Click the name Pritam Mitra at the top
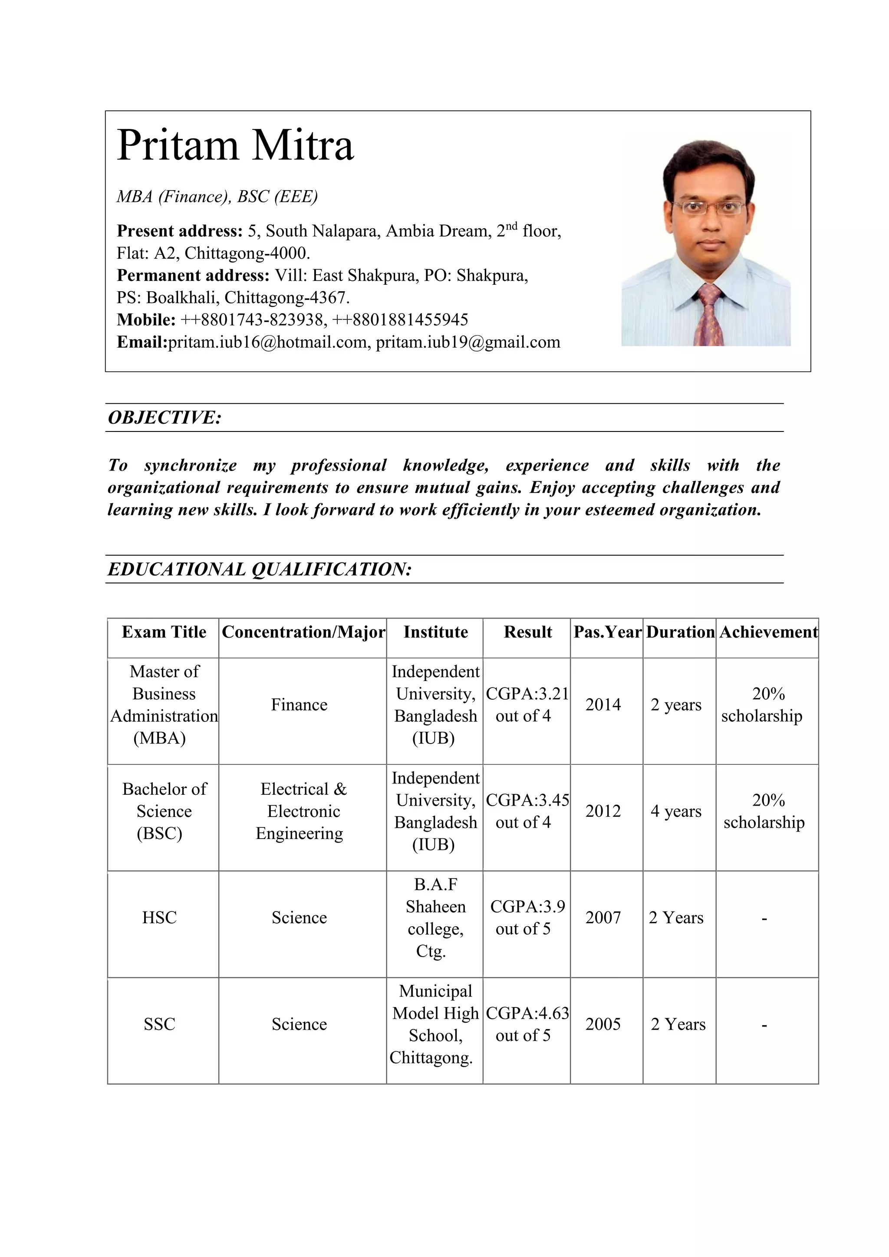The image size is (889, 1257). (235, 146)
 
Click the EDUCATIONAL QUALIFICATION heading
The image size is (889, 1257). (260, 569)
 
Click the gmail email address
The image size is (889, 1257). (468, 343)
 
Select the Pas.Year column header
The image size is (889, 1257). (606, 632)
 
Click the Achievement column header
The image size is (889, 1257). (768, 632)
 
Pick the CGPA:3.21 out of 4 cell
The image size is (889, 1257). (527, 704)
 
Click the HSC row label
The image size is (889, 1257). (159, 918)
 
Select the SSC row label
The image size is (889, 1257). (159, 1024)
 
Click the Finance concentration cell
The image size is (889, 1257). (299, 704)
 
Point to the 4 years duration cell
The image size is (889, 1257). (675, 811)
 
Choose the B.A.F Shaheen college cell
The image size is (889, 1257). (435, 918)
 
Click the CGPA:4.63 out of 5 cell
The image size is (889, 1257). (527, 1024)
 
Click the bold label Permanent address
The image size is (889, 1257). (193, 275)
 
